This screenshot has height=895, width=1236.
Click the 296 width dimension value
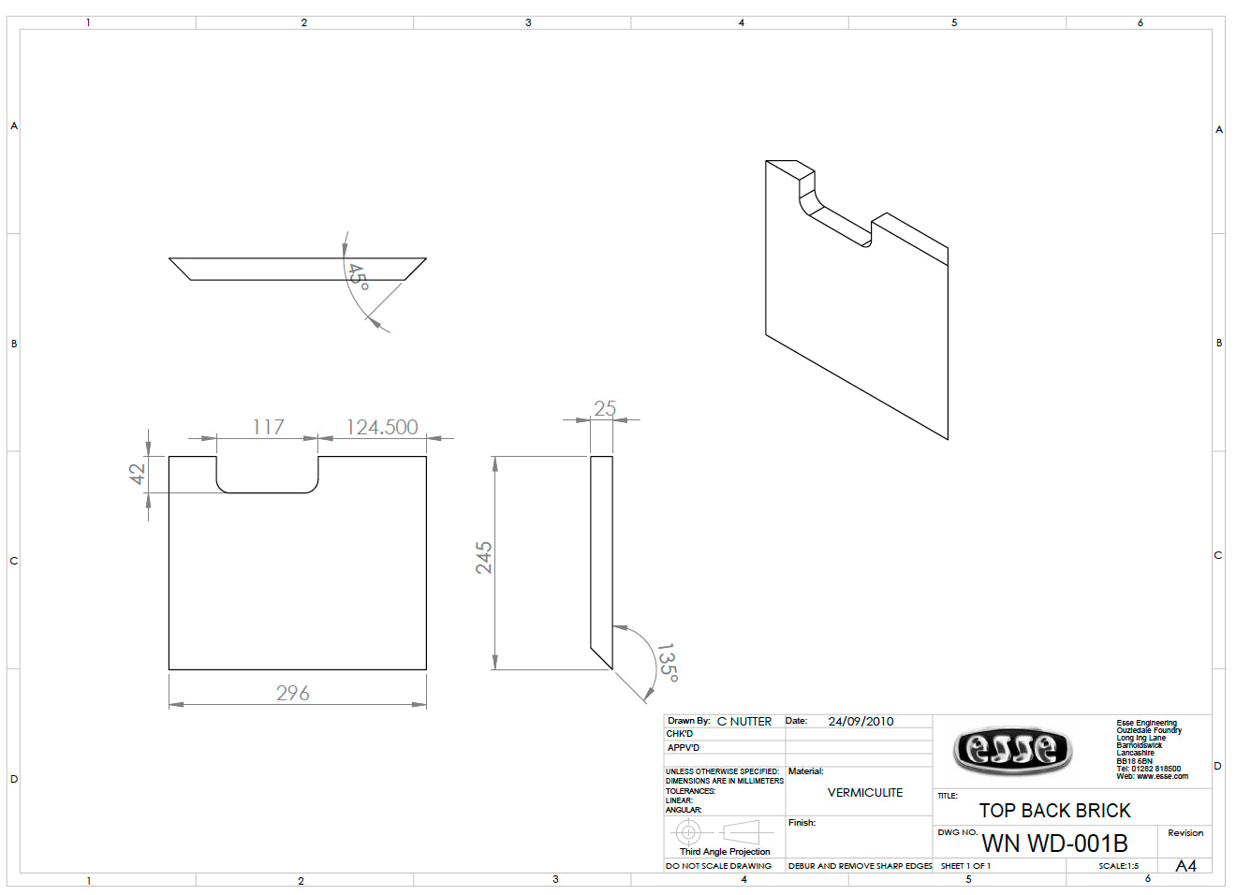292,693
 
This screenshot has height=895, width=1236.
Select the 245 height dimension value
484,558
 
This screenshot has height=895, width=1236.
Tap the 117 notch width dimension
268,427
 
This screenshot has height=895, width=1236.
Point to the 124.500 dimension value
382,427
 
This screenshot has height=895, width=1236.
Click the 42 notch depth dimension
138,474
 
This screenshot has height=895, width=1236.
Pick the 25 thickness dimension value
605,408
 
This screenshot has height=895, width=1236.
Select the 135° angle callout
668,662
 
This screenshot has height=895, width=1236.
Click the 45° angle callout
358,277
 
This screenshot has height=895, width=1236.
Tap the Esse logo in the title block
1013,751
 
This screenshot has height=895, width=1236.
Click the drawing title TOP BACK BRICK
1054,811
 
